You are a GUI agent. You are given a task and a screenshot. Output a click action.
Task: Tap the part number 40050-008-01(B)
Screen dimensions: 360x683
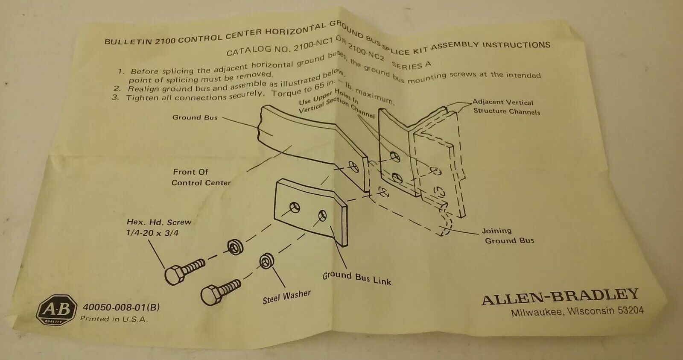[x=121, y=307]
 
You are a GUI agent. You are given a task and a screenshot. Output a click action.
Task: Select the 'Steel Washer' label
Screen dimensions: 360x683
[x=286, y=297]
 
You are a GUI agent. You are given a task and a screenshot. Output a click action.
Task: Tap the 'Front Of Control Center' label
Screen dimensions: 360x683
[x=200, y=177]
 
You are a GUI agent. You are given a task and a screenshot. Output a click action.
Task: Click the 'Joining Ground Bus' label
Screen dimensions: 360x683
[x=508, y=236]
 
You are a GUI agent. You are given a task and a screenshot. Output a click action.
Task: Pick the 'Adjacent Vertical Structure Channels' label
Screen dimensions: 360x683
[x=505, y=107]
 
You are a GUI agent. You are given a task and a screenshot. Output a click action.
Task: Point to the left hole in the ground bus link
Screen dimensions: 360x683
[x=294, y=208]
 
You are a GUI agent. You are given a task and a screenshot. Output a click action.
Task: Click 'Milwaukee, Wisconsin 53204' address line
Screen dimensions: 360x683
[x=577, y=311]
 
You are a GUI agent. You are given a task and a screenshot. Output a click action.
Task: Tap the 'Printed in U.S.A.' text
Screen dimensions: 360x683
[x=114, y=319]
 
